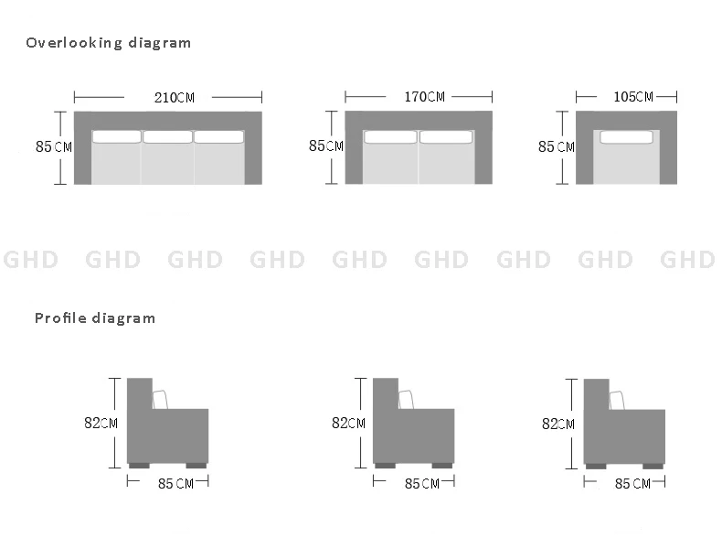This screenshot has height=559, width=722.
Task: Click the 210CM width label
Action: tap(174, 98)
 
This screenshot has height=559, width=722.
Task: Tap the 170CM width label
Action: tap(425, 97)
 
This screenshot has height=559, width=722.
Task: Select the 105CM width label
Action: tap(633, 97)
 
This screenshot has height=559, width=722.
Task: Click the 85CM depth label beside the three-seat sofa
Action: tap(54, 146)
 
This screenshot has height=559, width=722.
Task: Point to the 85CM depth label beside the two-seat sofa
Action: tap(326, 145)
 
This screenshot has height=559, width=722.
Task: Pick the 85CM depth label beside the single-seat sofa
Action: tap(557, 146)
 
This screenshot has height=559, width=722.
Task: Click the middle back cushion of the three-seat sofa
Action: tap(167, 137)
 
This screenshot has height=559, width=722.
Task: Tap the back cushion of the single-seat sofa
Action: tap(626, 137)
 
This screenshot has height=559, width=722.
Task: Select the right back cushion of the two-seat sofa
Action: tap(446, 137)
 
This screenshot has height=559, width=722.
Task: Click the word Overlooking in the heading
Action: tap(74, 43)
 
